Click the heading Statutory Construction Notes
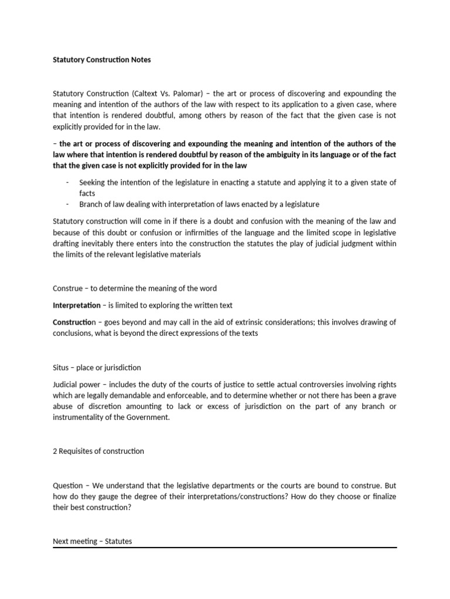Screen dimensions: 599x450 [x=101, y=60]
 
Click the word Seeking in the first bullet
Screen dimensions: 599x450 [x=92, y=183]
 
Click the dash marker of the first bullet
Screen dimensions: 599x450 [x=68, y=183]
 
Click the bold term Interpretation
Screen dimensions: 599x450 [x=77, y=305]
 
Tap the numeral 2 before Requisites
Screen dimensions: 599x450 [x=55, y=451]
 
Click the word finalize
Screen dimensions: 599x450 [x=382, y=496]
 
